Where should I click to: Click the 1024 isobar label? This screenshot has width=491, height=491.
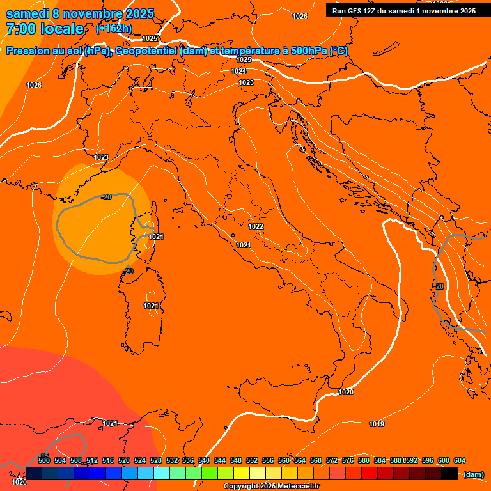tap(238, 71)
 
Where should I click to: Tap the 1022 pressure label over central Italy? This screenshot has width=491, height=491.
tap(256, 226)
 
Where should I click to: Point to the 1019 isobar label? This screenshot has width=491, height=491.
tap(377, 424)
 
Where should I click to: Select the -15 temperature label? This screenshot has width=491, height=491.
tap(44, 455)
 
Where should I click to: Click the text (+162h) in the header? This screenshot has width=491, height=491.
tap(114, 28)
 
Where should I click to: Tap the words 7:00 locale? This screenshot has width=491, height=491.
tap(45, 29)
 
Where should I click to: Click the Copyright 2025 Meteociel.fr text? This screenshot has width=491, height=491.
tap(271, 487)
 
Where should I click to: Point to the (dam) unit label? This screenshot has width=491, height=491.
tap(473, 474)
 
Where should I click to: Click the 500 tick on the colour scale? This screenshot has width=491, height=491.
tap(44, 460)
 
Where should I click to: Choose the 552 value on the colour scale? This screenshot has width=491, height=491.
tap(252, 460)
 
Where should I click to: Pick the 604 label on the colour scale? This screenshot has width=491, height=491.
tap(460, 460)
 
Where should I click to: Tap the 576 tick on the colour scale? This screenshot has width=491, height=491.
tap(348, 460)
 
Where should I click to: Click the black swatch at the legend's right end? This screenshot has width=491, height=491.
tap(449, 474)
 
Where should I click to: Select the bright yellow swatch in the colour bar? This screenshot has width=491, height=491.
tap(242, 474)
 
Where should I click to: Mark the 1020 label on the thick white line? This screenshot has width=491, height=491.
tap(346, 392)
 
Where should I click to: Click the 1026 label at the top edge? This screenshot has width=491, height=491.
tap(300, 16)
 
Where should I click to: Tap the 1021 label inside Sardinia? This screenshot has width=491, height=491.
tap(150, 306)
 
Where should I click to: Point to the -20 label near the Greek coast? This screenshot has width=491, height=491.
tap(439, 286)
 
